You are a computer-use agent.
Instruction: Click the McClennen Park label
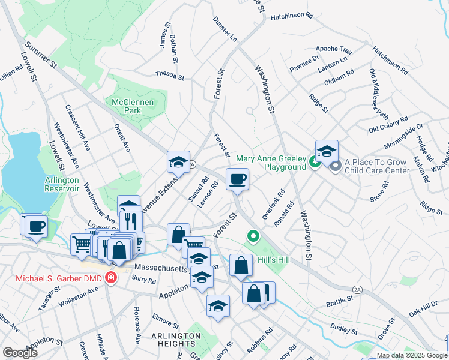pyautogui.click(x=133, y=106)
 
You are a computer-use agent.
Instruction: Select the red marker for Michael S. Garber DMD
pyautogui.click(x=110, y=277)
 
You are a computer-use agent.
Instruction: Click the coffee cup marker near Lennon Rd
pyautogui.click(x=237, y=179)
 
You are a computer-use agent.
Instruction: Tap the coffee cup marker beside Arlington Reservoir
pyautogui.click(x=36, y=226)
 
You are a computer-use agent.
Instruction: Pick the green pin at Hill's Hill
pyautogui.click(x=253, y=236)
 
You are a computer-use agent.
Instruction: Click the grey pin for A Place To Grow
pyautogui.click(x=335, y=164)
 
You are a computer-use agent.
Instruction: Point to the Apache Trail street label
pyautogui.click(x=334, y=50)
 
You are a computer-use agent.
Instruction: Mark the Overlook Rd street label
pyautogui.click(x=273, y=205)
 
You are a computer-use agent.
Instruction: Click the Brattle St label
pyautogui.click(x=340, y=298)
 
